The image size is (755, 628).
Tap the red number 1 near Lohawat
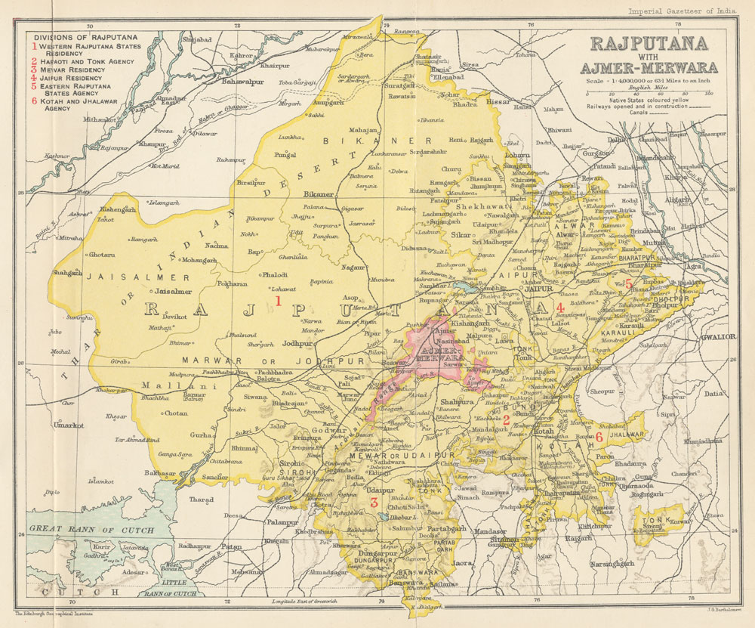point(278,301)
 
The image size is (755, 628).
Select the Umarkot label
point(69,425)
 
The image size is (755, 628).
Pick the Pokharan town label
point(233,285)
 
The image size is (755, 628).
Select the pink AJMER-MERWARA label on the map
point(436,354)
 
